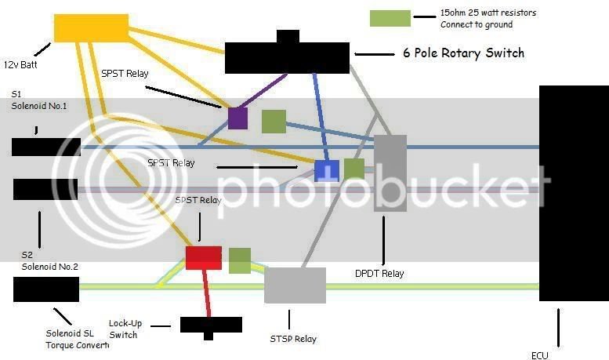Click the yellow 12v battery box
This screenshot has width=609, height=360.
tap(90, 28)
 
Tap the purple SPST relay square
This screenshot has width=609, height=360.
tap(237, 118)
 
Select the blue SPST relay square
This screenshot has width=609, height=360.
tap(326, 170)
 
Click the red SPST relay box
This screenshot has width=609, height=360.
tap(203, 258)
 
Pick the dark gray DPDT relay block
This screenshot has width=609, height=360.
tap(390, 173)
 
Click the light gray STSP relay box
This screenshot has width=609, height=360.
tap(295, 285)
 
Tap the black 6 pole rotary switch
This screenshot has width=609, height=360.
tap(287, 56)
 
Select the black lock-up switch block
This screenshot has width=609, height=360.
tap(211, 325)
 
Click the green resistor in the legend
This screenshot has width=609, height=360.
tap(390, 19)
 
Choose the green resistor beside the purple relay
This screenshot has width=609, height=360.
tap(274, 122)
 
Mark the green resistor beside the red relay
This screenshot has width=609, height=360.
tap(240, 260)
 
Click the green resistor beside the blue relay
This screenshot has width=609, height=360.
tap(354, 169)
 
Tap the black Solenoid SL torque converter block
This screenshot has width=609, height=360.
tap(46, 289)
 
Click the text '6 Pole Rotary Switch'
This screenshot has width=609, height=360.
tap(463, 53)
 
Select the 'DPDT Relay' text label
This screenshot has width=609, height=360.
tap(379, 274)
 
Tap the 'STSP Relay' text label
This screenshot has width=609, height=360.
tap(292, 339)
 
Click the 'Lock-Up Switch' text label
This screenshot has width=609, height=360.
tap(123, 329)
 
